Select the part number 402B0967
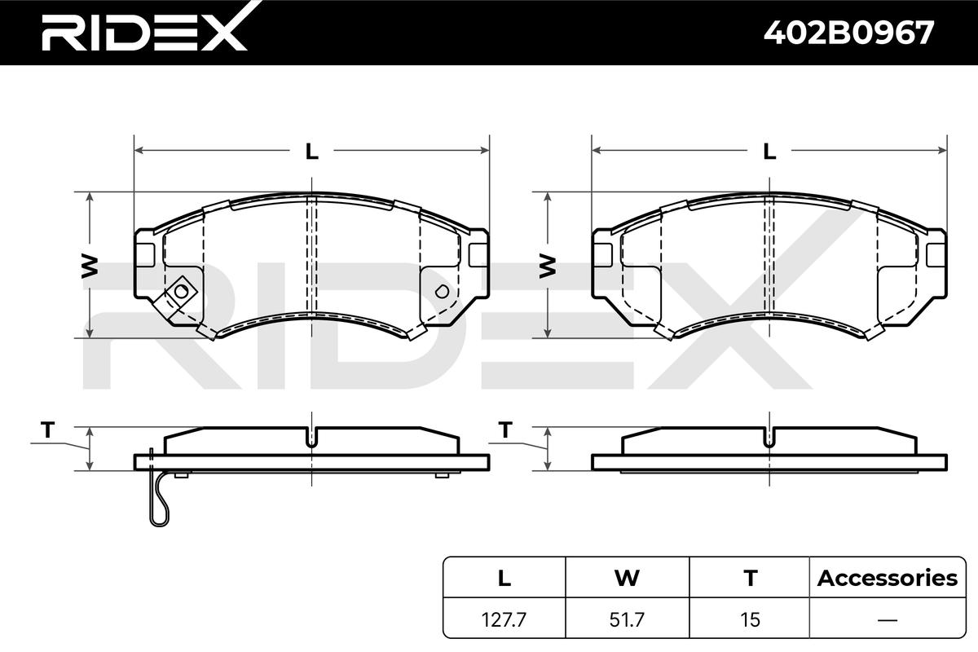point(848,33)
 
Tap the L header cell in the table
point(504,578)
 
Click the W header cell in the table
point(627,578)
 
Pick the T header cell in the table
point(750,578)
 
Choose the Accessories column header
point(888,578)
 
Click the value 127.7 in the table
point(504,619)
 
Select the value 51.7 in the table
point(627,619)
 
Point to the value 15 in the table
point(750,619)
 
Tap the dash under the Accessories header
point(888,619)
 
